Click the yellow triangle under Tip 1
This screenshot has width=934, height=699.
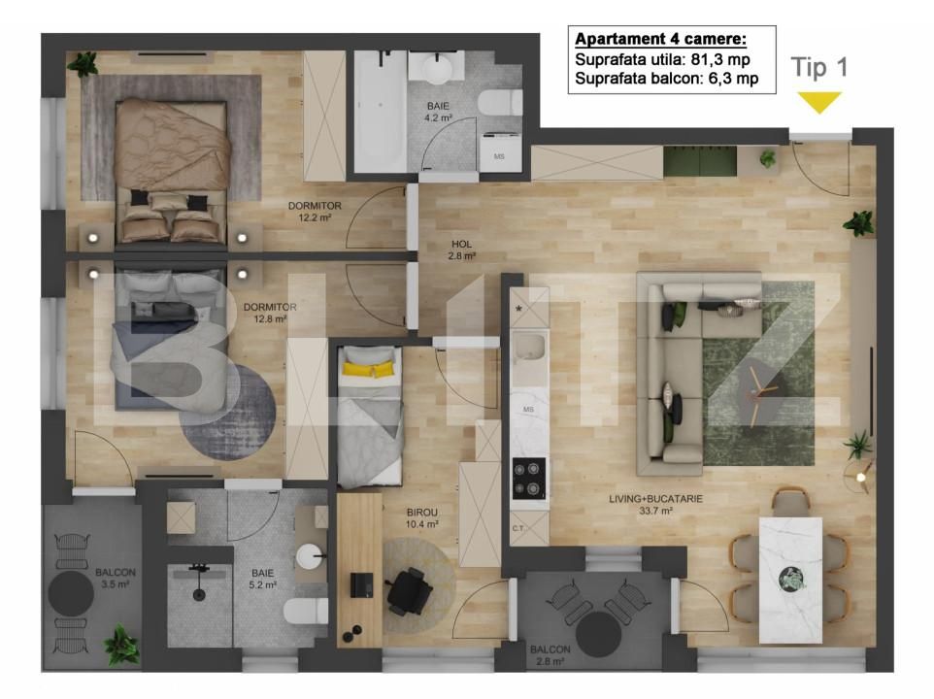click(x=819, y=102)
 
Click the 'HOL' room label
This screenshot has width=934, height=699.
click(x=461, y=245)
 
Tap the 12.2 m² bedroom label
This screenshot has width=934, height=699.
click(x=315, y=212)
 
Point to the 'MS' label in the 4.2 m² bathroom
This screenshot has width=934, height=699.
click(x=499, y=156)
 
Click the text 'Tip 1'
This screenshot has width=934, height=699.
click(x=820, y=68)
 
